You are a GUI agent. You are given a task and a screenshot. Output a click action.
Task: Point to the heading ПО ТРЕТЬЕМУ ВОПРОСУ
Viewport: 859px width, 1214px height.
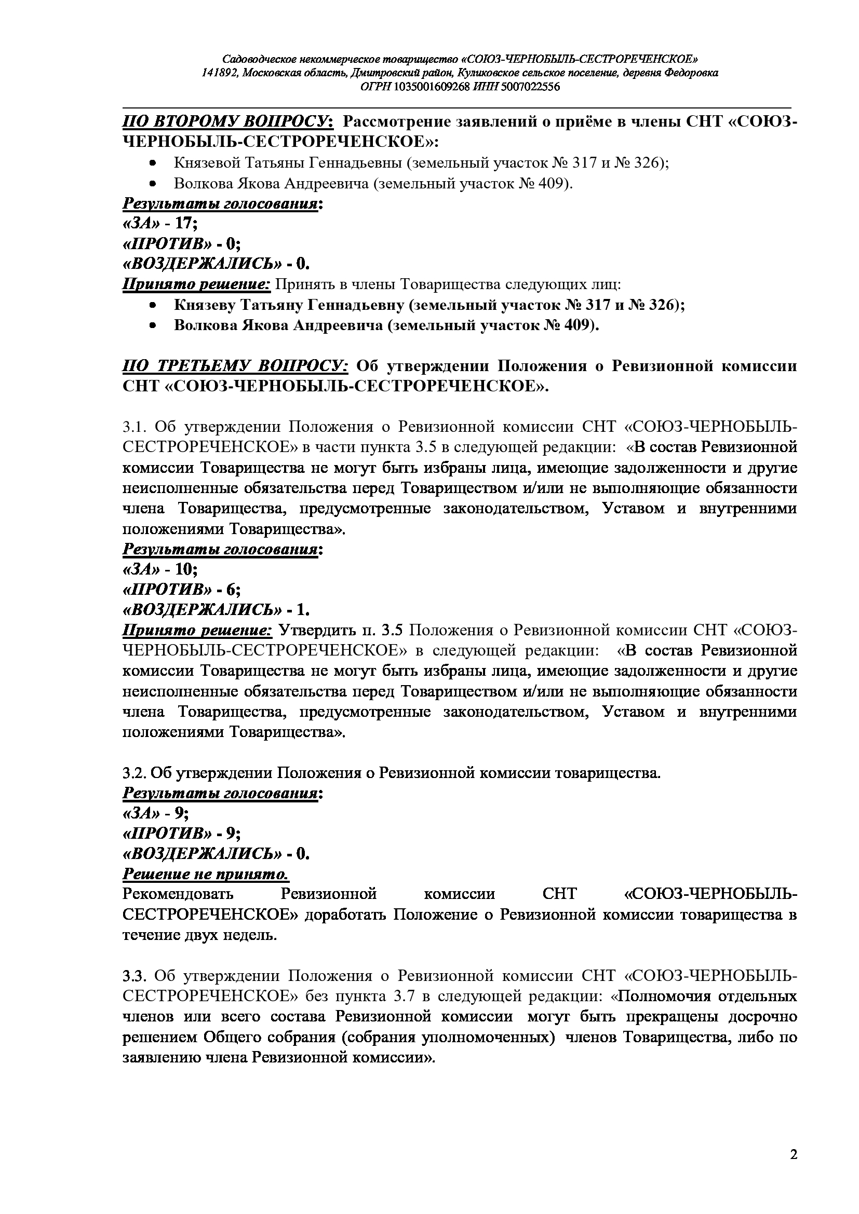[235, 366]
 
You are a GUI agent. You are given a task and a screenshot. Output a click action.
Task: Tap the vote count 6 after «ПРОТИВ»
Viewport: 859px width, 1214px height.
[230, 590]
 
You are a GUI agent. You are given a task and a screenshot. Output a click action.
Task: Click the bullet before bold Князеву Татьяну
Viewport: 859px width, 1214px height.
[153, 306]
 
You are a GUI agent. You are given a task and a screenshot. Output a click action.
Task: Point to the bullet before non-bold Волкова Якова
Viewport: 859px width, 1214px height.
[153, 184]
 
